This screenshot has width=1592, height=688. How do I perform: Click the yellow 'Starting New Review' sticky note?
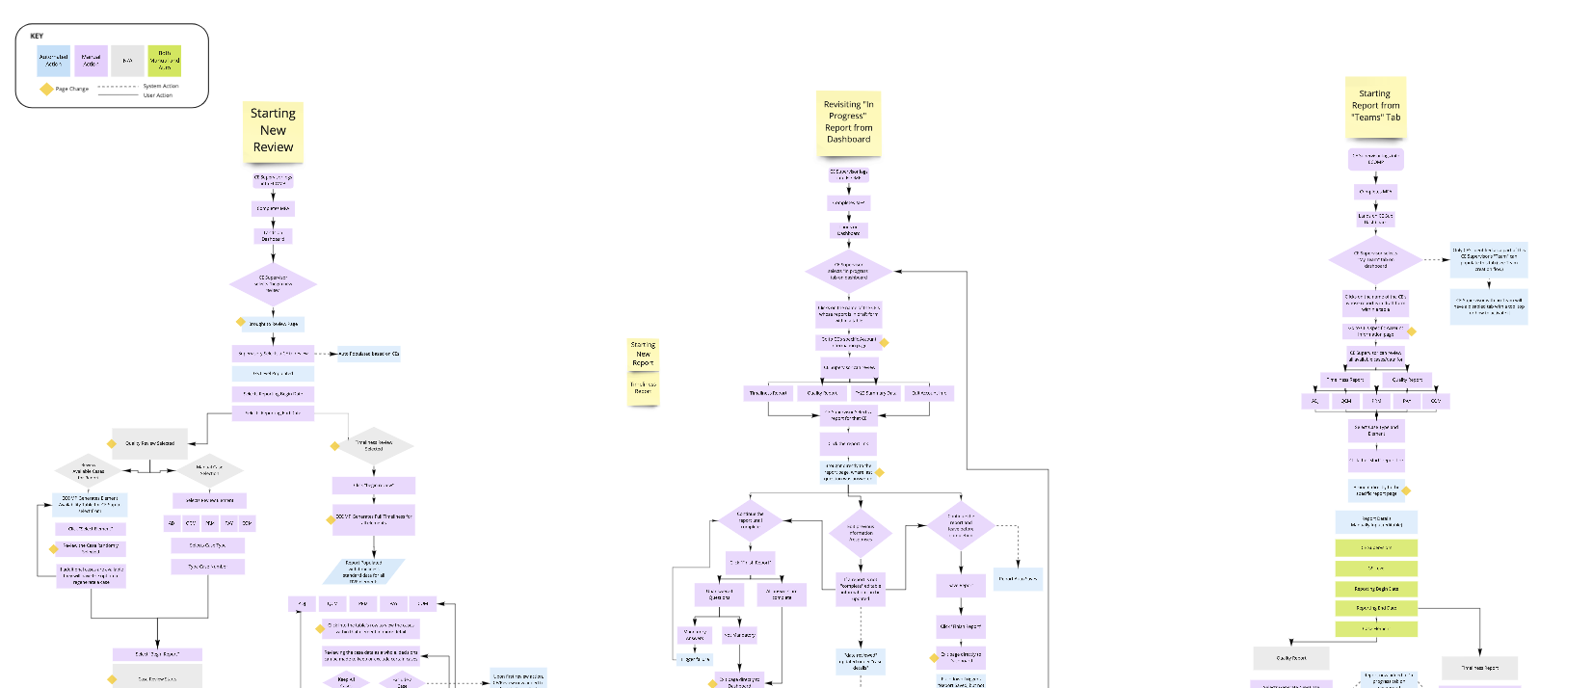pos(273,130)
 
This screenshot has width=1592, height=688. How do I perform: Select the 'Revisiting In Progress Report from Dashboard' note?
pos(848,122)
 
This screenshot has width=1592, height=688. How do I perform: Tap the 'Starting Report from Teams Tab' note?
pos(1375,106)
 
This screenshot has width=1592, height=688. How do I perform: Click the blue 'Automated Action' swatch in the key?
pos(54,61)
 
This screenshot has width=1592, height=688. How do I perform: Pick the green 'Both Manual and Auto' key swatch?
pos(165,61)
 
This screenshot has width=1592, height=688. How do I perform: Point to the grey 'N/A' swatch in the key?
pos(127,61)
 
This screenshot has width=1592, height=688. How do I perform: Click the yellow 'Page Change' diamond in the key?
pos(45,89)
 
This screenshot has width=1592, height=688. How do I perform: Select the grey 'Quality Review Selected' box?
pos(150,443)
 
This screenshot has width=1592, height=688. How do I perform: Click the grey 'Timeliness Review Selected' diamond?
pos(374,445)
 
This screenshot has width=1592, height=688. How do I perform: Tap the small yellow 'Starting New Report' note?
pos(643,354)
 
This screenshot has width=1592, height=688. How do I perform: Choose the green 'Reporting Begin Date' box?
pos(1376,589)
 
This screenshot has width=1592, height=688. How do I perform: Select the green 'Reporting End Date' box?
pos(1376,608)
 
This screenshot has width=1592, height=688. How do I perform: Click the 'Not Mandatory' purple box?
pos(739,635)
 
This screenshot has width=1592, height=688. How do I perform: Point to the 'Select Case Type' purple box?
pos(207,545)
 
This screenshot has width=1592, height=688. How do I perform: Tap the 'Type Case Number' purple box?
pos(207,567)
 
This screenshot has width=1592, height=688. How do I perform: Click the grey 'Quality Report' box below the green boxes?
pos(1291,658)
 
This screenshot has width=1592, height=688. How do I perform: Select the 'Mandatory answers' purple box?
pos(695,635)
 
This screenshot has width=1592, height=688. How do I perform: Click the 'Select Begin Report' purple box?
pos(157,654)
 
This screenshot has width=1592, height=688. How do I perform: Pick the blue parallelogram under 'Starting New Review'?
pos(363,571)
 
